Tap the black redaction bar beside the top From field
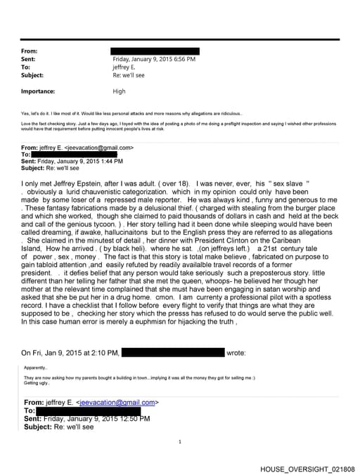155,51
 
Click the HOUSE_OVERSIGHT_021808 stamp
307,469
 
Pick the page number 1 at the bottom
180,441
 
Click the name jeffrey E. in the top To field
127,67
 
